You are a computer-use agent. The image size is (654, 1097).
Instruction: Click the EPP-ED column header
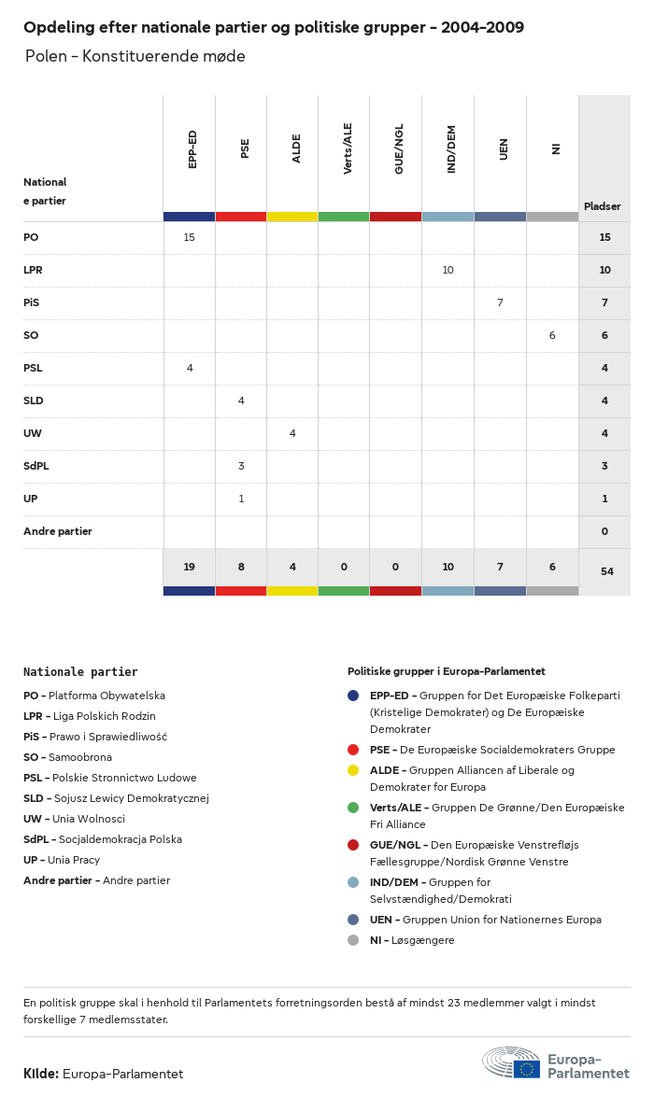(192, 149)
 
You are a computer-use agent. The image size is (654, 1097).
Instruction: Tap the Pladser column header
(603, 206)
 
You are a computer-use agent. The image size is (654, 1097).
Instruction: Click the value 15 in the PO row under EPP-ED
(190, 237)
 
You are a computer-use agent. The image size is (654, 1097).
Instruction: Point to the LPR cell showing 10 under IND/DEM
(448, 270)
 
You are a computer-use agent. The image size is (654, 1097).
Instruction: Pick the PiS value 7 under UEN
(500, 302)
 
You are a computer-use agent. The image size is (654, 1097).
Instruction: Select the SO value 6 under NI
(552, 335)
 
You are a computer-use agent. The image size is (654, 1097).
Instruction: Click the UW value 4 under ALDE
(292, 433)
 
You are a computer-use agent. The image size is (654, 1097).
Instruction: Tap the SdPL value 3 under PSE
(241, 466)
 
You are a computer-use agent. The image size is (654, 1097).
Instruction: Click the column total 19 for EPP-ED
(190, 567)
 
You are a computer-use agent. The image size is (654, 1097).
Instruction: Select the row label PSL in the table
(33, 368)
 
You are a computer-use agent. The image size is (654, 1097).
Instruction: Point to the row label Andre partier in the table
(58, 531)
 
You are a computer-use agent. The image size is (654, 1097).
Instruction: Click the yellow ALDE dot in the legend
(353, 770)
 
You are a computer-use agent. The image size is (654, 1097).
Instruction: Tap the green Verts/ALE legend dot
(353, 808)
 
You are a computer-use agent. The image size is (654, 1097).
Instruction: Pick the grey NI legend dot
(353, 940)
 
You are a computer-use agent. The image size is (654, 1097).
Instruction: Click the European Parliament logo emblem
(512, 1063)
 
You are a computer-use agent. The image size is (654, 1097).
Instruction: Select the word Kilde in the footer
(41, 1074)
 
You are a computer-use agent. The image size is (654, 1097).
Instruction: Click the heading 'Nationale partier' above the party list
(80, 671)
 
